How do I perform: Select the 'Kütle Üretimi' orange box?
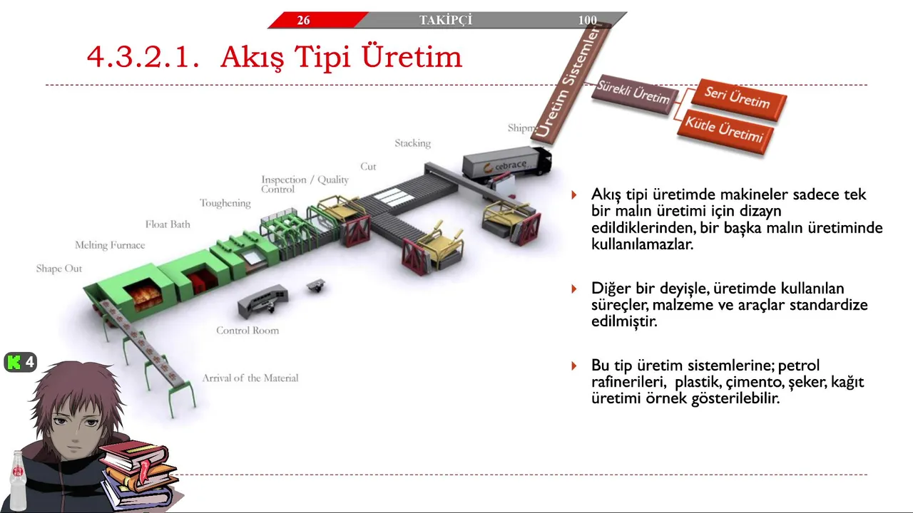(x=725, y=131)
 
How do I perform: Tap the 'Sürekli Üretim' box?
(x=634, y=93)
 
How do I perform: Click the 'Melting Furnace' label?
(x=110, y=245)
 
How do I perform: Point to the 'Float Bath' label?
(x=168, y=224)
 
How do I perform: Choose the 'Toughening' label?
(x=225, y=203)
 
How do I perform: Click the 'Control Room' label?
(x=248, y=330)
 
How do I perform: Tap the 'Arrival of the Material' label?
(x=250, y=378)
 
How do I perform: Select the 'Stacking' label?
(x=412, y=143)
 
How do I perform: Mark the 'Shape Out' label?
(x=59, y=269)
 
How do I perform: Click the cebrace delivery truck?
(x=507, y=164)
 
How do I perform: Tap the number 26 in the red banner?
(x=303, y=20)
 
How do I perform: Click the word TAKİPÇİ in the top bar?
(x=446, y=20)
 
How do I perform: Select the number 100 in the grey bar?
(x=587, y=20)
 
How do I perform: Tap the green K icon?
(x=14, y=362)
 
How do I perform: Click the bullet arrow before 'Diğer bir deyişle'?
(x=574, y=289)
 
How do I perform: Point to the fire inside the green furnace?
(x=143, y=296)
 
